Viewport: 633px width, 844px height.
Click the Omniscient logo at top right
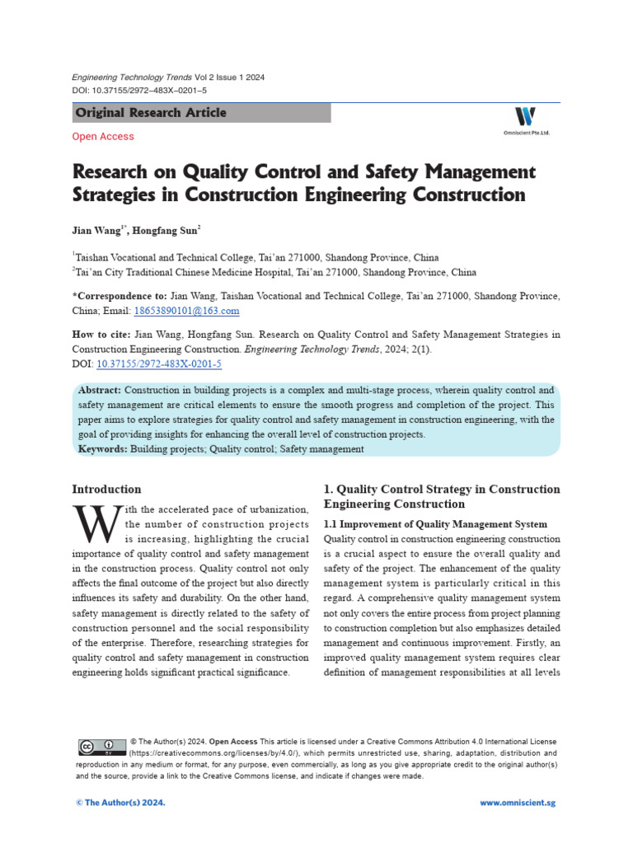click(524, 119)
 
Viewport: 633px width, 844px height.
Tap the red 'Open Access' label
click(103, 137)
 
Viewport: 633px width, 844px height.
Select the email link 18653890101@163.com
click(186, 311)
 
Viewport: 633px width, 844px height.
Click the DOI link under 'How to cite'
click(159, 363)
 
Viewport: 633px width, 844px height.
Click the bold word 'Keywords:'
click(102, 449)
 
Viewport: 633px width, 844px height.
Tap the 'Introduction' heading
click(106, 489)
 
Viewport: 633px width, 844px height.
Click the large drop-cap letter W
click(92, 521)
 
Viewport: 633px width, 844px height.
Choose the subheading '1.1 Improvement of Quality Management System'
click(435, 524)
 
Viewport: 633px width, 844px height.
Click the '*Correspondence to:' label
click(120, 296)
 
